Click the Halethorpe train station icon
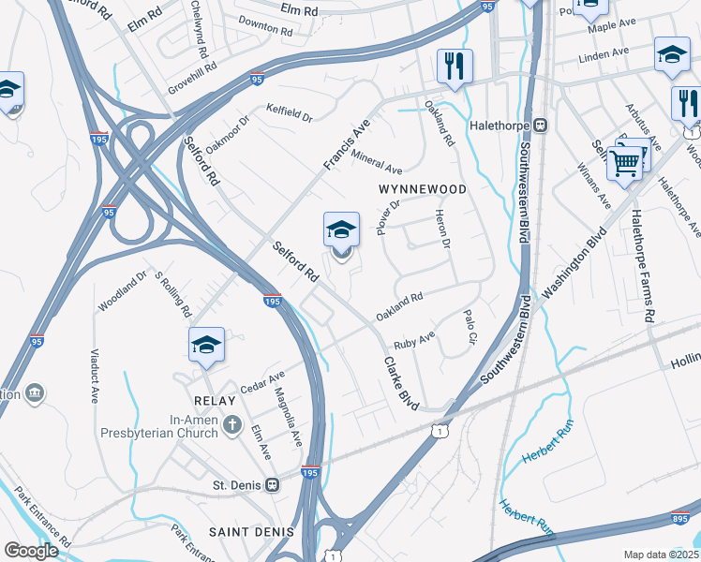(x=541, y=125)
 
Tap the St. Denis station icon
(x=273, y=485)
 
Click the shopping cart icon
(x=624, y=163)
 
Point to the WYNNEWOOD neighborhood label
(x=422, y=189)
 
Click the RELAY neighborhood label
(x=205, y=398)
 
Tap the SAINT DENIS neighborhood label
(x=251, y=532)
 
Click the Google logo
(x=31, y=551)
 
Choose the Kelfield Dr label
(x=289, y=112)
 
